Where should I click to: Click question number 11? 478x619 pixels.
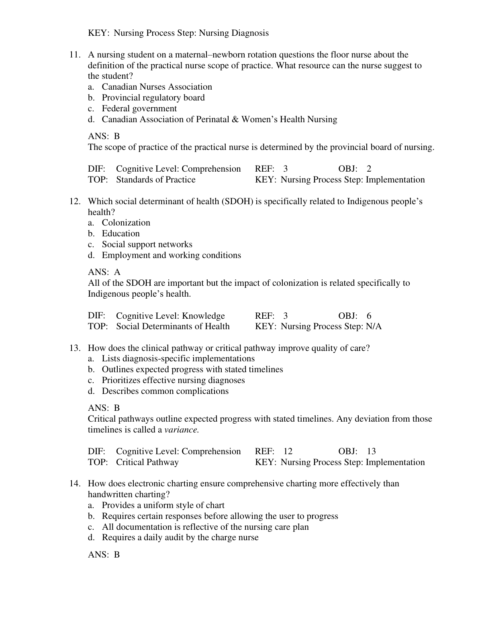[x=75, y=55]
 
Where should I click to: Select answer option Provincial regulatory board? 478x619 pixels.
[x=153, y=98]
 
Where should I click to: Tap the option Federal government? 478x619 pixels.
[x=139, y=109]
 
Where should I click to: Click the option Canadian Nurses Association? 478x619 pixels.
[x=157, y=87]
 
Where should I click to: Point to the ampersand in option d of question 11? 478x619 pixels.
[x=235, y=119]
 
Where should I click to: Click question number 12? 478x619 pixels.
[x=75, y=201]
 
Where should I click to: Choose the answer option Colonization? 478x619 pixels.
[x=126, y=223]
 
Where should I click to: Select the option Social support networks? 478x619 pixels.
[x=147, y=244]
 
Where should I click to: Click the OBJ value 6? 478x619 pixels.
[x=369, y=316]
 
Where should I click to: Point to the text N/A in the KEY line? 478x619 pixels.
[x=374, y=326]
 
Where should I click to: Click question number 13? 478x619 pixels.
[x=75, y=348]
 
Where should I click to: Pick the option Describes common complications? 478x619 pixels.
[x=165, y=391]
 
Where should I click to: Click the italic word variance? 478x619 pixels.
[x=182, y=430]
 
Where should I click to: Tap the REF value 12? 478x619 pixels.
[x=288, y=451]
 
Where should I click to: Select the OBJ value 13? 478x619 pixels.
[x=371, y=451]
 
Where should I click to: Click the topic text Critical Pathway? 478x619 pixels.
[x=147, y=462]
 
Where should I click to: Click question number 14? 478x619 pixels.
[x=75, y=484]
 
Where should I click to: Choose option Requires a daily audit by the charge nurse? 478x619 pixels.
[x=180, y=537]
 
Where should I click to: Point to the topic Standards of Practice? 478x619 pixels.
[x=156, y=180]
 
